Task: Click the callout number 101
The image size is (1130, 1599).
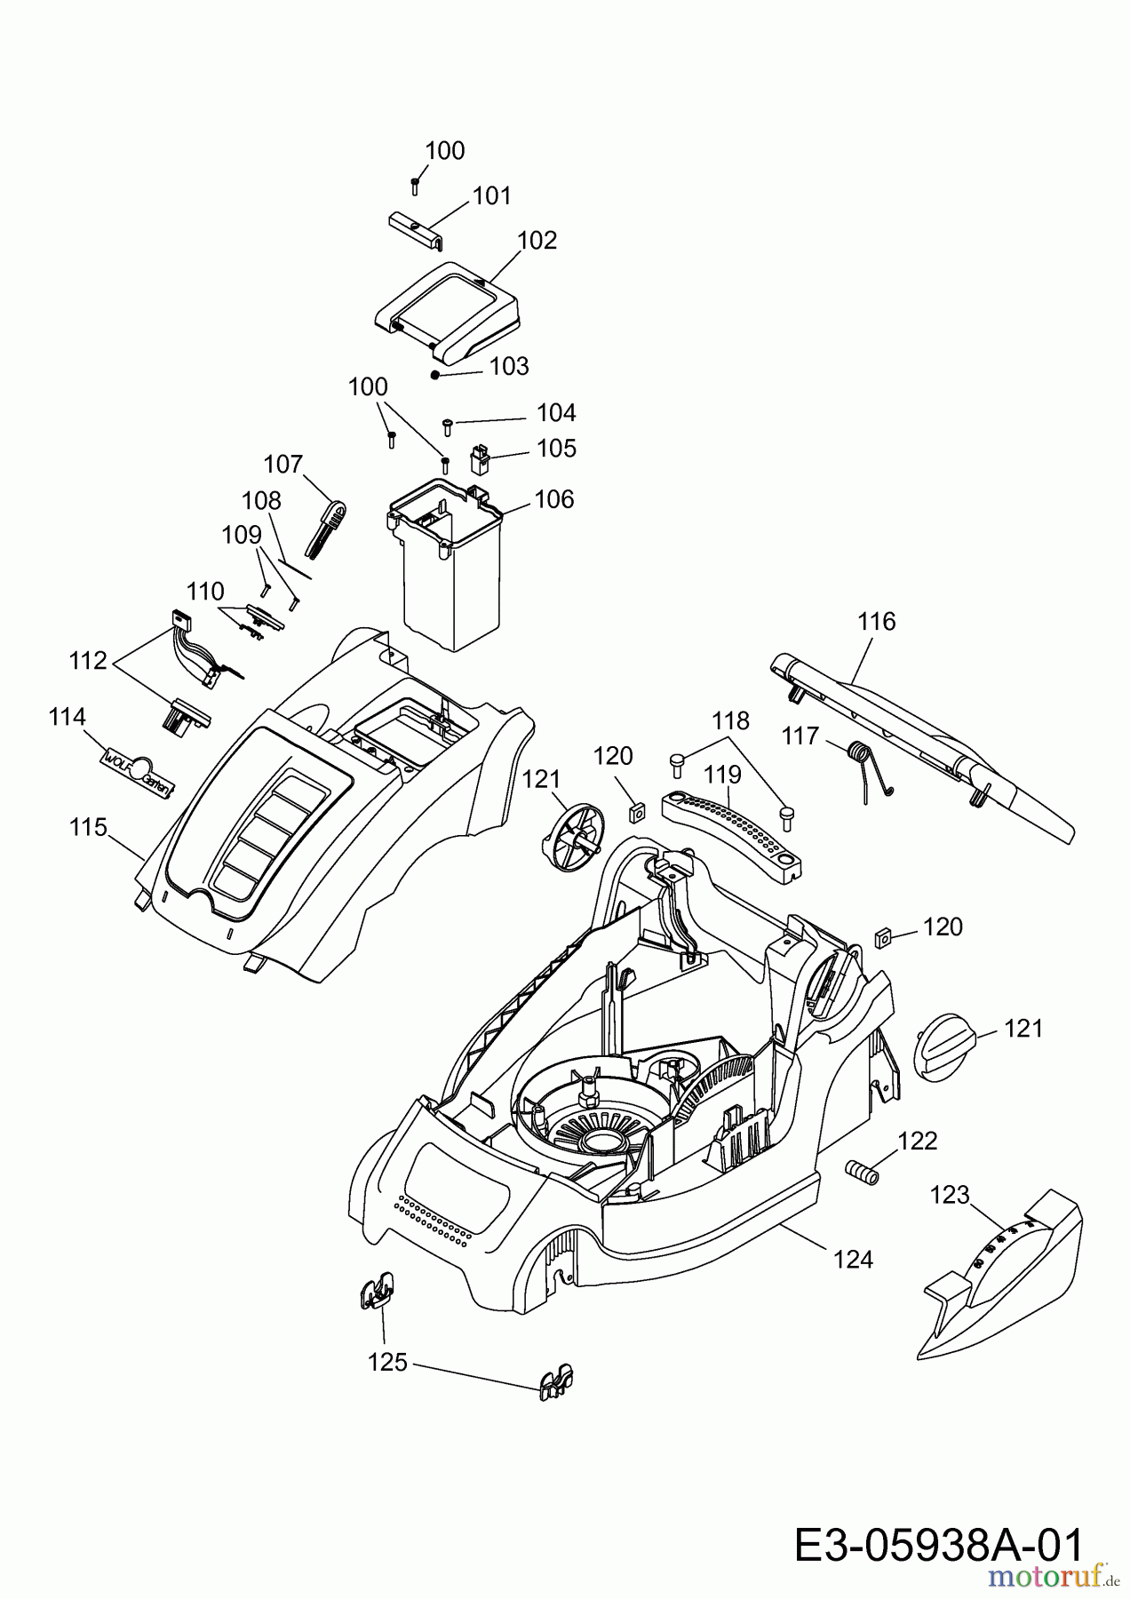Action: point(491,195)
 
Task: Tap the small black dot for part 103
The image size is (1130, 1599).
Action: point(435,374)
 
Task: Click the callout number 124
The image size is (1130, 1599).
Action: point(853,1259)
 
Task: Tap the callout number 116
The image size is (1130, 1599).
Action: point(877,622)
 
